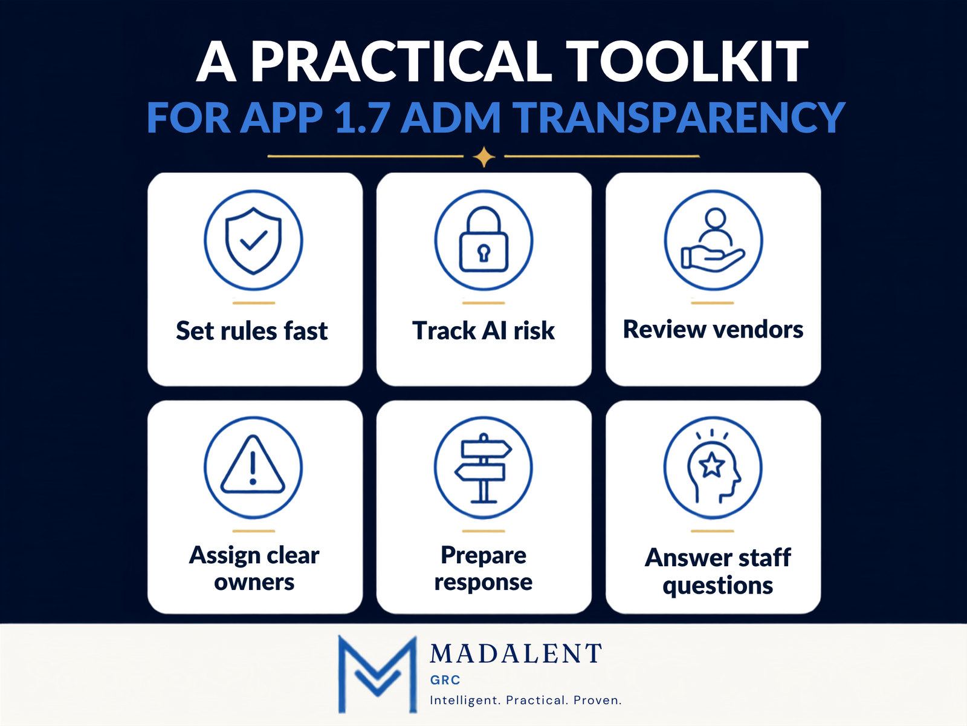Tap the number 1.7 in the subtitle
pyautogui.click(x=362, y=117)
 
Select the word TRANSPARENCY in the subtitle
pyautogui.click(x=681, y=117)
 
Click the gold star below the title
pyautogui.click(x=483, y=157)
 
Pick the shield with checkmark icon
pyautogui.click(x=253, y=240)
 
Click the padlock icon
pyautogui.click(x=483, y=240)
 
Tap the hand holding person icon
pyautogui.click(x=713, y=240)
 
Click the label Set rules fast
pyautogui.click(x=251, y=330)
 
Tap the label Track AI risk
pyautogui.click(x=483, y=330)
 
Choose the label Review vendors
pyautogui.click(x=713, y=329)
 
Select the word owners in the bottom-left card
pyautogui.click(x=254, y=582)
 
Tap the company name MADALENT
pyautogui.click(x=516, y=653)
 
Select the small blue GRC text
pyautogui.click(x=445, y=680)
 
